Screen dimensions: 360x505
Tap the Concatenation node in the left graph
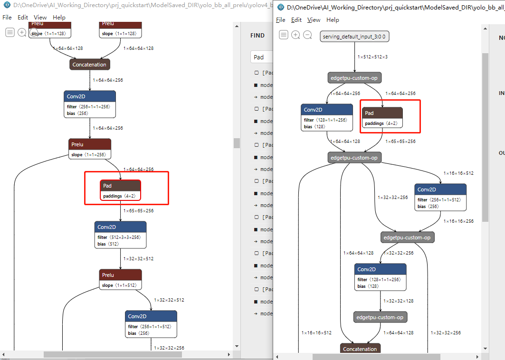(x=89, y=65)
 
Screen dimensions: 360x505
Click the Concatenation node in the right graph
(x=360, y=349)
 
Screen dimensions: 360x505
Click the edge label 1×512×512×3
(x=372, y=57)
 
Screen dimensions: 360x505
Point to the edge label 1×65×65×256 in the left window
(x=138, y=210)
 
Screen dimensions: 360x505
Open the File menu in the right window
(x=281, y=19)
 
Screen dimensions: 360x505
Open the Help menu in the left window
(x=59, y=17)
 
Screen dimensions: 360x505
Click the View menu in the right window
(x=314, y=19)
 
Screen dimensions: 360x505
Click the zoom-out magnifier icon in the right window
(x=307, y=35)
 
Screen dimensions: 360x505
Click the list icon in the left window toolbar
(x=10, y=32)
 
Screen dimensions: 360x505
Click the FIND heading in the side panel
(x=257, y=36)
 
